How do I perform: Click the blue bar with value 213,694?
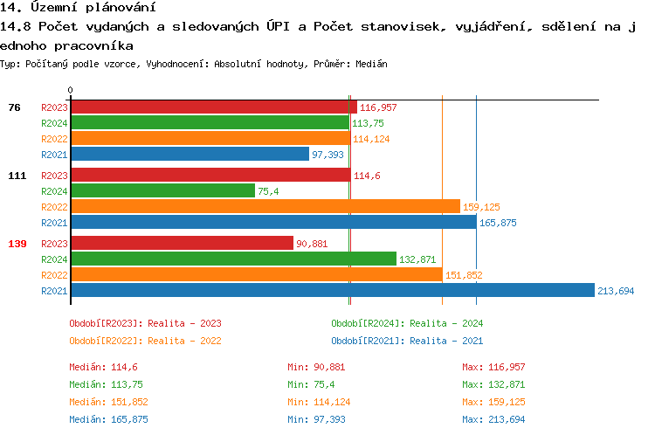click(332, 291)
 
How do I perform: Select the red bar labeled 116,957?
click(213, 107)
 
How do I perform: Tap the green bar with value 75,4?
click(162, 191)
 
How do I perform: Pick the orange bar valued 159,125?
click(265, 207)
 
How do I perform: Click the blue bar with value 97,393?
click(190, 155)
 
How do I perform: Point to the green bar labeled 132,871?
click(233, 259)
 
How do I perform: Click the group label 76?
click(14, 107)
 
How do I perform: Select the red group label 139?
click(17, 244)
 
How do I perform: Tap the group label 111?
click(17, 176)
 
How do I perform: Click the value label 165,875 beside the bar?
click(498, 223)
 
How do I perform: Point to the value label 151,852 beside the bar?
click(464, 275)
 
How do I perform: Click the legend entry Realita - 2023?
click(145, 323)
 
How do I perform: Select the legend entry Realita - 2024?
click(407, 323)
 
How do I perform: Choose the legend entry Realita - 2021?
click(407, 341)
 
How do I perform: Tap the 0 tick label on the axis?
click(71, 90)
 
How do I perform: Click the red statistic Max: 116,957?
click(494, 367)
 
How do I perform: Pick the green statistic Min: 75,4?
click(312, 384)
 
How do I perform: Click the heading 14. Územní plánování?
click(72, 8)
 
